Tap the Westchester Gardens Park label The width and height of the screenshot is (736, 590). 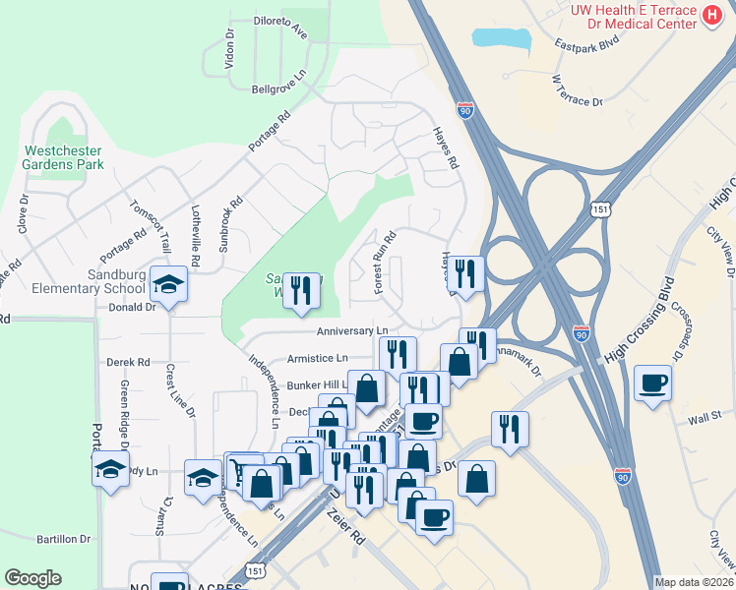coord(63,157)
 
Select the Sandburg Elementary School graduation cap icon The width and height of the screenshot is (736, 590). coord(169,285)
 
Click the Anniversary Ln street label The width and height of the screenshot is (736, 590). coord(352,331)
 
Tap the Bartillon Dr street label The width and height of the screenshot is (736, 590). coord(63,539)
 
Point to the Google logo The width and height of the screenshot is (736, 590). coord(32,578)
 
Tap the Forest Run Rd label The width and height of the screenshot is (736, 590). coord(384,261)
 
